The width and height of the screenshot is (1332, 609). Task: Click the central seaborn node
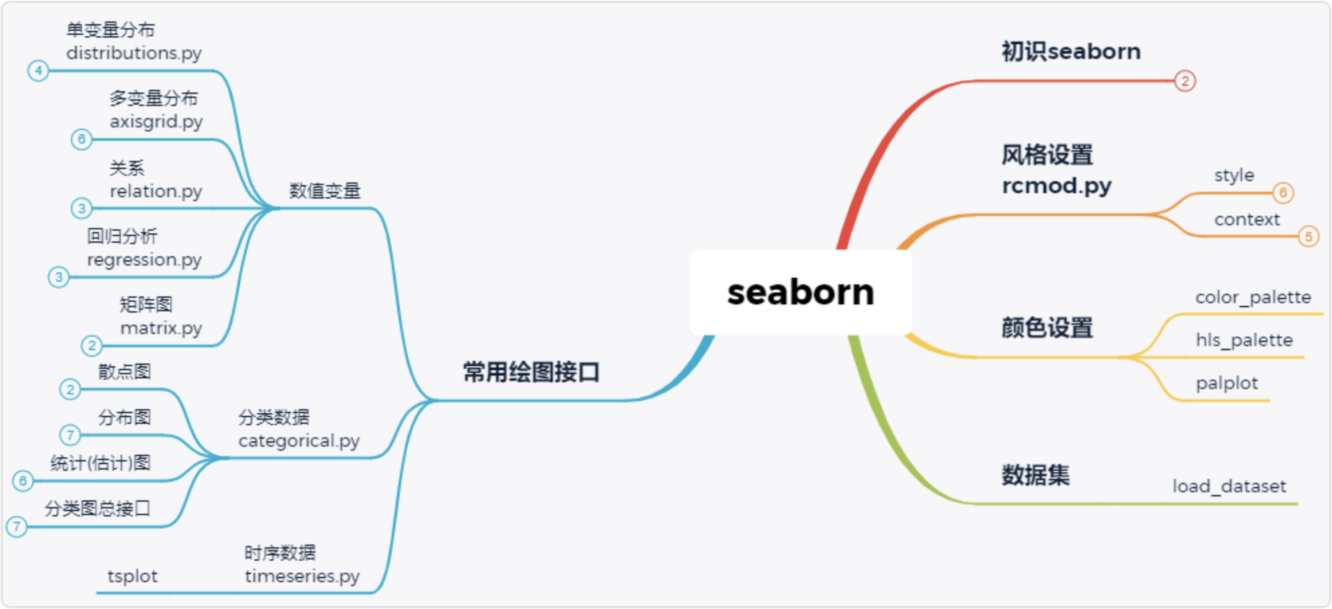point(800,292)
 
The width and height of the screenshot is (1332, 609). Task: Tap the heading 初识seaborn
point(1070,52)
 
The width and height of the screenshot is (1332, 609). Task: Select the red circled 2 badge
point(1185,81)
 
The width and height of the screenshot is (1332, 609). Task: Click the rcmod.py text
point(1056,186)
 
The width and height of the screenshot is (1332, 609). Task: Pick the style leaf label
point(1233,176)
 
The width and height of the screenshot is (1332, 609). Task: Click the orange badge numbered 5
point(1308,237)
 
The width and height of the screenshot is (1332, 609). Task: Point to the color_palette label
point(1252,297)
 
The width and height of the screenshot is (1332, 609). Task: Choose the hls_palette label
point(1243,340)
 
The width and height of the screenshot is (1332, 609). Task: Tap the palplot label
point(1226,383)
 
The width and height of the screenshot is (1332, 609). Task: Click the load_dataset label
point(1229,486)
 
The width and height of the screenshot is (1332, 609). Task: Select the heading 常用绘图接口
point(531,372)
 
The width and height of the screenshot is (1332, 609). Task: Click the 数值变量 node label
point(325,191)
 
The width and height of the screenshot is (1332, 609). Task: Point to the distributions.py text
point(133,53)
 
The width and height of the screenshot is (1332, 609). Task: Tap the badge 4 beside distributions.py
point(38,70)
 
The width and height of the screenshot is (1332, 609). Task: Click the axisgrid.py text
point(156,122)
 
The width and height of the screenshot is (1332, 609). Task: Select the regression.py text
point(144,260)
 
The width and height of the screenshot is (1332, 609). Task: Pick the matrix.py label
point(161,328)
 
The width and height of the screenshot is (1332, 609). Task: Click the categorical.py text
point(298,441)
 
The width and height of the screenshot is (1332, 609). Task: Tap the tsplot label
point(132,576)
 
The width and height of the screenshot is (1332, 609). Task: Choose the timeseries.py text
point(302,576)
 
